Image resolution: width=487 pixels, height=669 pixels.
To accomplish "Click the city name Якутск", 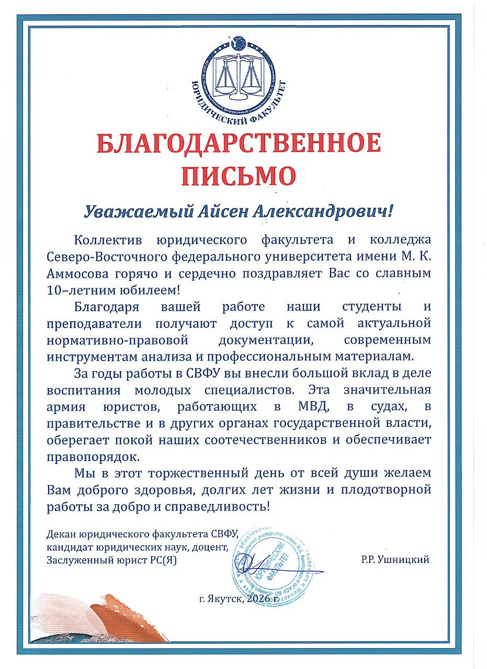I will pos(225,599).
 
